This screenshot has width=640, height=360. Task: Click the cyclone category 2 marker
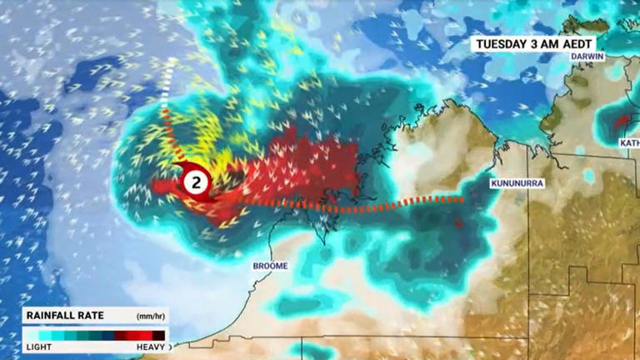pos(196,182)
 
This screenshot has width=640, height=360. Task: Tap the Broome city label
pos(270,266)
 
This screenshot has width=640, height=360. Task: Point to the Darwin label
pos(587,57)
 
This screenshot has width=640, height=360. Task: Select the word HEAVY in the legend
pos(150,346)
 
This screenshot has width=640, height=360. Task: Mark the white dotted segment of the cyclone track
pos(166,87)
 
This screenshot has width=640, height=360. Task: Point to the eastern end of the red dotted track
pos(460,199)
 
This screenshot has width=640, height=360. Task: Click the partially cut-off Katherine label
pos(629,142)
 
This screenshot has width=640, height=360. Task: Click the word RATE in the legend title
pos(90,316)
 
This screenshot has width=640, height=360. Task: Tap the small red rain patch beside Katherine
pos(622,122)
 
